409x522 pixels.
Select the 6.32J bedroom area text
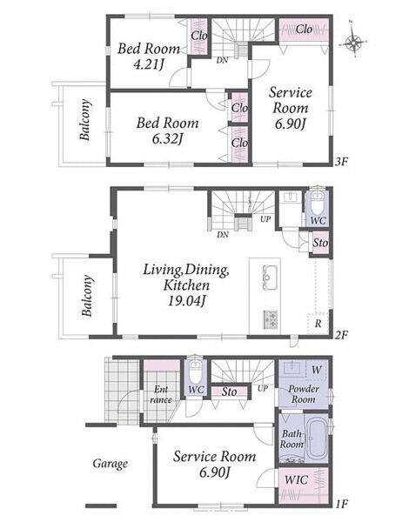tap(168, 139)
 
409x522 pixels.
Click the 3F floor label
tap(342, 162)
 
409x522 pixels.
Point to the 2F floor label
tap(342, 335)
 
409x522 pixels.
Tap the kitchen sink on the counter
tap(270, 278)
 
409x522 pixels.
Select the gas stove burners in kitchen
tap(271, 319)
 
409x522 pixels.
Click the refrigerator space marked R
tap(318, 324)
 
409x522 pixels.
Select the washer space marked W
tap(317, 370)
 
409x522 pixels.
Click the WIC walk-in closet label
tap(297, 479)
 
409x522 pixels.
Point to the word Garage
tap(111, 464)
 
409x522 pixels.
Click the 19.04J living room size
tap(186, 301)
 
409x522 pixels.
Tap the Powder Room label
tap(304, 393)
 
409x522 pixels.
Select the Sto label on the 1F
tap(230, 391)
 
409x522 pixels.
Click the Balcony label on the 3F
tap(84, 120)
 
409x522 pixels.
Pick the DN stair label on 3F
tap(222, 61)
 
